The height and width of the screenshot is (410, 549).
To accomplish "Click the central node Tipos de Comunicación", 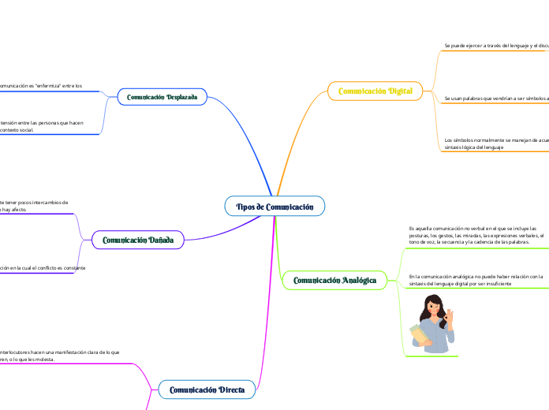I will coord(274,207).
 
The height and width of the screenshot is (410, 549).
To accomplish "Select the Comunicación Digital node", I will coord(375,91).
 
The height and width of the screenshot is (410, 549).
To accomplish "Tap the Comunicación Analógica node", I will coord(334,280).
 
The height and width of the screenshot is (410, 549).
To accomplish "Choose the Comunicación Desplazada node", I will coord(162,97).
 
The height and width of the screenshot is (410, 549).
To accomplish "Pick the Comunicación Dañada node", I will coord(138,240).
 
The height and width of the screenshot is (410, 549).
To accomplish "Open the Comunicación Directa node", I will coord(207,389).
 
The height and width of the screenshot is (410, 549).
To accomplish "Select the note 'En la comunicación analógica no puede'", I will coord(476,280).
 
